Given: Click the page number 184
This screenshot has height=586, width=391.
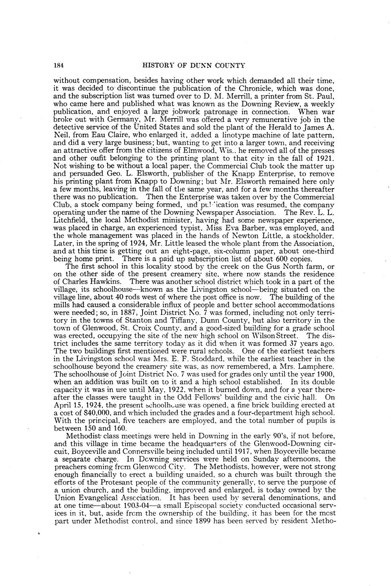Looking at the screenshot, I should (x=59, y=65).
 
